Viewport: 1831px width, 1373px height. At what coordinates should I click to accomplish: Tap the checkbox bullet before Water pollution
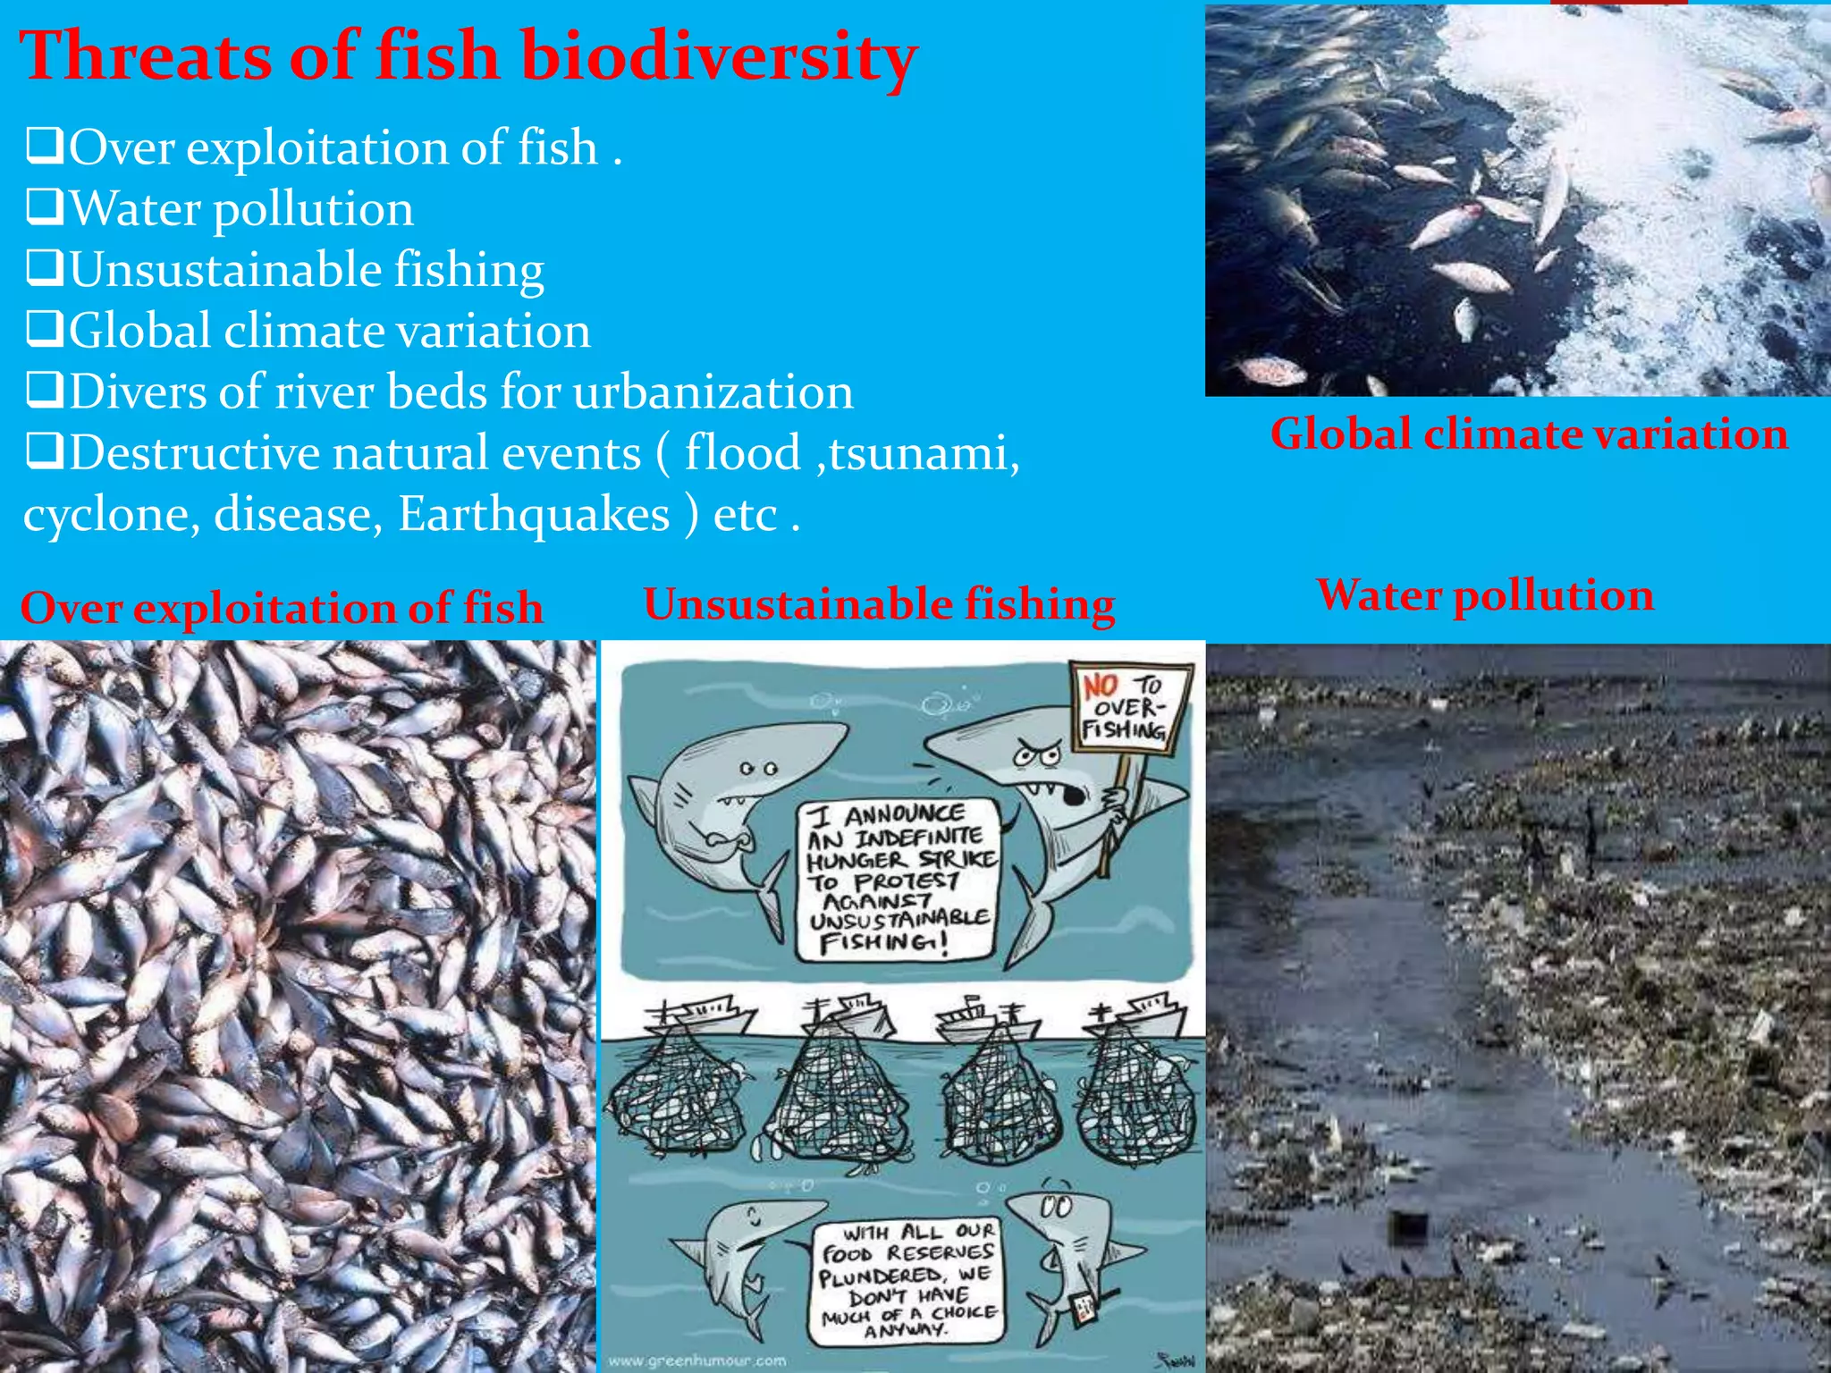click(45, 206)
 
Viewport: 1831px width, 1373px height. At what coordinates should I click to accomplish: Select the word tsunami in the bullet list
click(924, 452)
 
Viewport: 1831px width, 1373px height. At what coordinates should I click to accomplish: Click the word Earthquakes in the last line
click(534, 514)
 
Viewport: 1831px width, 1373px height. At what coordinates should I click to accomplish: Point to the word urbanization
click(713, 392)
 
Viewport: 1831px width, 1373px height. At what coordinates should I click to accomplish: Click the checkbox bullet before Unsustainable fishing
click(45, 267)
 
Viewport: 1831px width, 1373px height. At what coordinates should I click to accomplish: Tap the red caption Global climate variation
click(1529, 434)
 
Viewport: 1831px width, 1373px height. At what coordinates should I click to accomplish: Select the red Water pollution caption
click(1485, 595)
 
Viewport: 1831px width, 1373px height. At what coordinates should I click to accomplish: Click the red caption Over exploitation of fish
click(282, 608)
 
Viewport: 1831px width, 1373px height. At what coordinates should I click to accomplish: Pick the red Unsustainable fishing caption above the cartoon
click(879, 604)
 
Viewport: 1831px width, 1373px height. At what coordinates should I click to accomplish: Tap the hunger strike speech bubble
click(898, 878)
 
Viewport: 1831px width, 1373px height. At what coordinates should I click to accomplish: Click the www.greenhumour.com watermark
click(697, 1360)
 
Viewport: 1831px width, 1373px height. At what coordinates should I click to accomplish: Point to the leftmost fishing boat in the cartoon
click(702, 1018)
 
